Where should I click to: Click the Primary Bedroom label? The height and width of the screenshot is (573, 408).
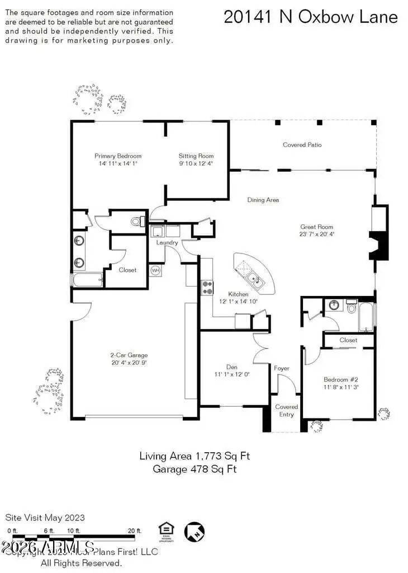118,156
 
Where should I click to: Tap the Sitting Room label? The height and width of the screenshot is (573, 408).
196,156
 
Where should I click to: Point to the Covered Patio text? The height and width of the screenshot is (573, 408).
302,145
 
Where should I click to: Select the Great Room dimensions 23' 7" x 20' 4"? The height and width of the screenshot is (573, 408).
317,234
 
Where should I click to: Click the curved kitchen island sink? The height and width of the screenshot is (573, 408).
255,278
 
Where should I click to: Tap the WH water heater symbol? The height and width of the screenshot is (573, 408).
156,270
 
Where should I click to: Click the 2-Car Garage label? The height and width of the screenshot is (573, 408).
129,355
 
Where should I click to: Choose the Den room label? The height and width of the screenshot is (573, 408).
232,367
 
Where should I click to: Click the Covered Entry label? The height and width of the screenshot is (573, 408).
287,410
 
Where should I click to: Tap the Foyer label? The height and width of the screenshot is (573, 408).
282,368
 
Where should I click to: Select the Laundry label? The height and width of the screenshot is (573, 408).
168,243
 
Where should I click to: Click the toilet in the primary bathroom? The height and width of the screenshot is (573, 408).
136,222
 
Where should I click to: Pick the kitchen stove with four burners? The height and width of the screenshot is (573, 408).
207,287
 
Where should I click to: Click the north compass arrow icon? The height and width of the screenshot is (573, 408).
195,532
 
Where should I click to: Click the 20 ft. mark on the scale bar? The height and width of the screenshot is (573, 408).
134,531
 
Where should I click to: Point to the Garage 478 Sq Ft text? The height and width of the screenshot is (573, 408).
194,469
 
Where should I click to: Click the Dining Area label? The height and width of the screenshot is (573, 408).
263,200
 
